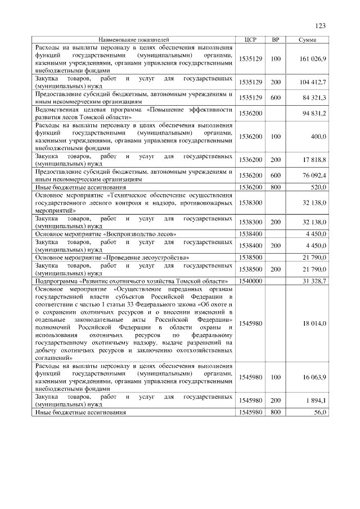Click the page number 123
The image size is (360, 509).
point(321,26)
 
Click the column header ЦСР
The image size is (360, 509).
point(251,39)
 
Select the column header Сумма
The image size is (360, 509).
point(307,39)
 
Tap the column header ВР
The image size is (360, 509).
point(276,39)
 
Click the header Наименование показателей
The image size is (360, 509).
point(134,39)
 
